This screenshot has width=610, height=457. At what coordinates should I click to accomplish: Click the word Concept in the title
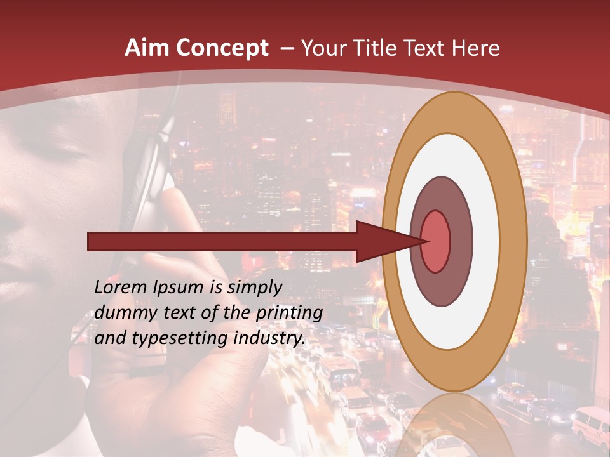pyautogui.click(x=222, y=49)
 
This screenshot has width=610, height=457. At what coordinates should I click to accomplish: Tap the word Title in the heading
pyautogui.click(x=377, y=48)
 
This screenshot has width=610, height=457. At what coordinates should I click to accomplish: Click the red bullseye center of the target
pyautogui.click(x=435, y=241)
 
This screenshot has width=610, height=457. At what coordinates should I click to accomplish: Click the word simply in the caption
pyautogui.click(x=254, y=288)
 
